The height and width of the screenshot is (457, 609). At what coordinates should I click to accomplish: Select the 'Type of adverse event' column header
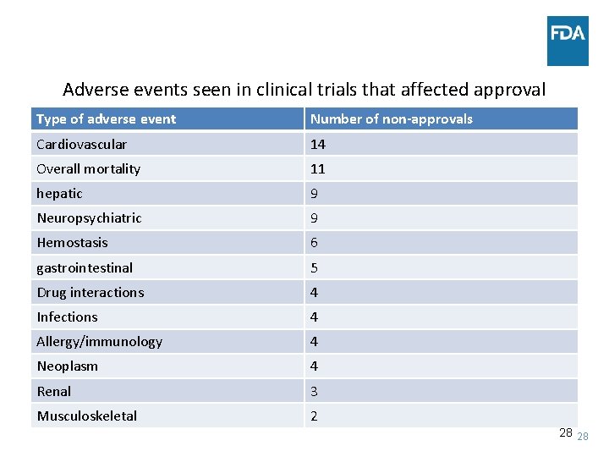(106, 119)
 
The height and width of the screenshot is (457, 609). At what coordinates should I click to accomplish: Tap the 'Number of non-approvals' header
(391, 119)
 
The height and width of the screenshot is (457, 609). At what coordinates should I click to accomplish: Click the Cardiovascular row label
(81, 144)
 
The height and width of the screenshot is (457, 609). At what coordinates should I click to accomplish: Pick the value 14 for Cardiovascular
(317, 144)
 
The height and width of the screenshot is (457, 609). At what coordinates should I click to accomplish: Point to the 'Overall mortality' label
(88, 168)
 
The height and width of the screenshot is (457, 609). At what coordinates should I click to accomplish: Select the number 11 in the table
(317, 168)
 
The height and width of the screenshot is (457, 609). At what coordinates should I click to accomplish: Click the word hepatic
(59, 193)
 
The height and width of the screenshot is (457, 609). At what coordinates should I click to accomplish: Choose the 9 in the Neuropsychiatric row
(314, 218)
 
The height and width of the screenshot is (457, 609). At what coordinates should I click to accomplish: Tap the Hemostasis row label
(72, 243)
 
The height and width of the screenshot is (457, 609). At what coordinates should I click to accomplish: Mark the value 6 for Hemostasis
(314, 243)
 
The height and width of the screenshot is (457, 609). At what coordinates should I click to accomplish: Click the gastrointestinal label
(85, 267)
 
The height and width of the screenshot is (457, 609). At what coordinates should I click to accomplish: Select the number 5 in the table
(314, 267)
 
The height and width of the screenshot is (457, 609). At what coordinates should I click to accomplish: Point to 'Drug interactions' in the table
(90, 292)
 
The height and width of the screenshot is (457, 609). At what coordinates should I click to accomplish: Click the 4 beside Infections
(314, 317)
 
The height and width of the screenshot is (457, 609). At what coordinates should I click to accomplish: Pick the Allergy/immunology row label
(99, 341)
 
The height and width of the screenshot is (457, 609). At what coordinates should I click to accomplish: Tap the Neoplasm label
(67, 366)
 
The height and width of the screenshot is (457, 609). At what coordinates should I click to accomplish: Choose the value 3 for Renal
(314, 391)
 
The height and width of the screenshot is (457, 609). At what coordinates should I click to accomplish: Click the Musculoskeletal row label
(86, 416)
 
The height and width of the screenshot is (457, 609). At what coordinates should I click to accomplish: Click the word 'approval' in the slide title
(510, 89)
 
